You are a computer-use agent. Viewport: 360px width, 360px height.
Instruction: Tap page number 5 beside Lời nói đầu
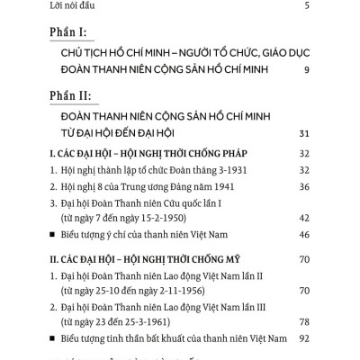[x=307, y=7]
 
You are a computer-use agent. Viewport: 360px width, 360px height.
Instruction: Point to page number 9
[x=307, y=70]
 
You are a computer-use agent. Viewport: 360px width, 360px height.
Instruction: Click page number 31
[x=303, y=135]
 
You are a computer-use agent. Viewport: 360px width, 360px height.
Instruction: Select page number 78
[x=303, y=321]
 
